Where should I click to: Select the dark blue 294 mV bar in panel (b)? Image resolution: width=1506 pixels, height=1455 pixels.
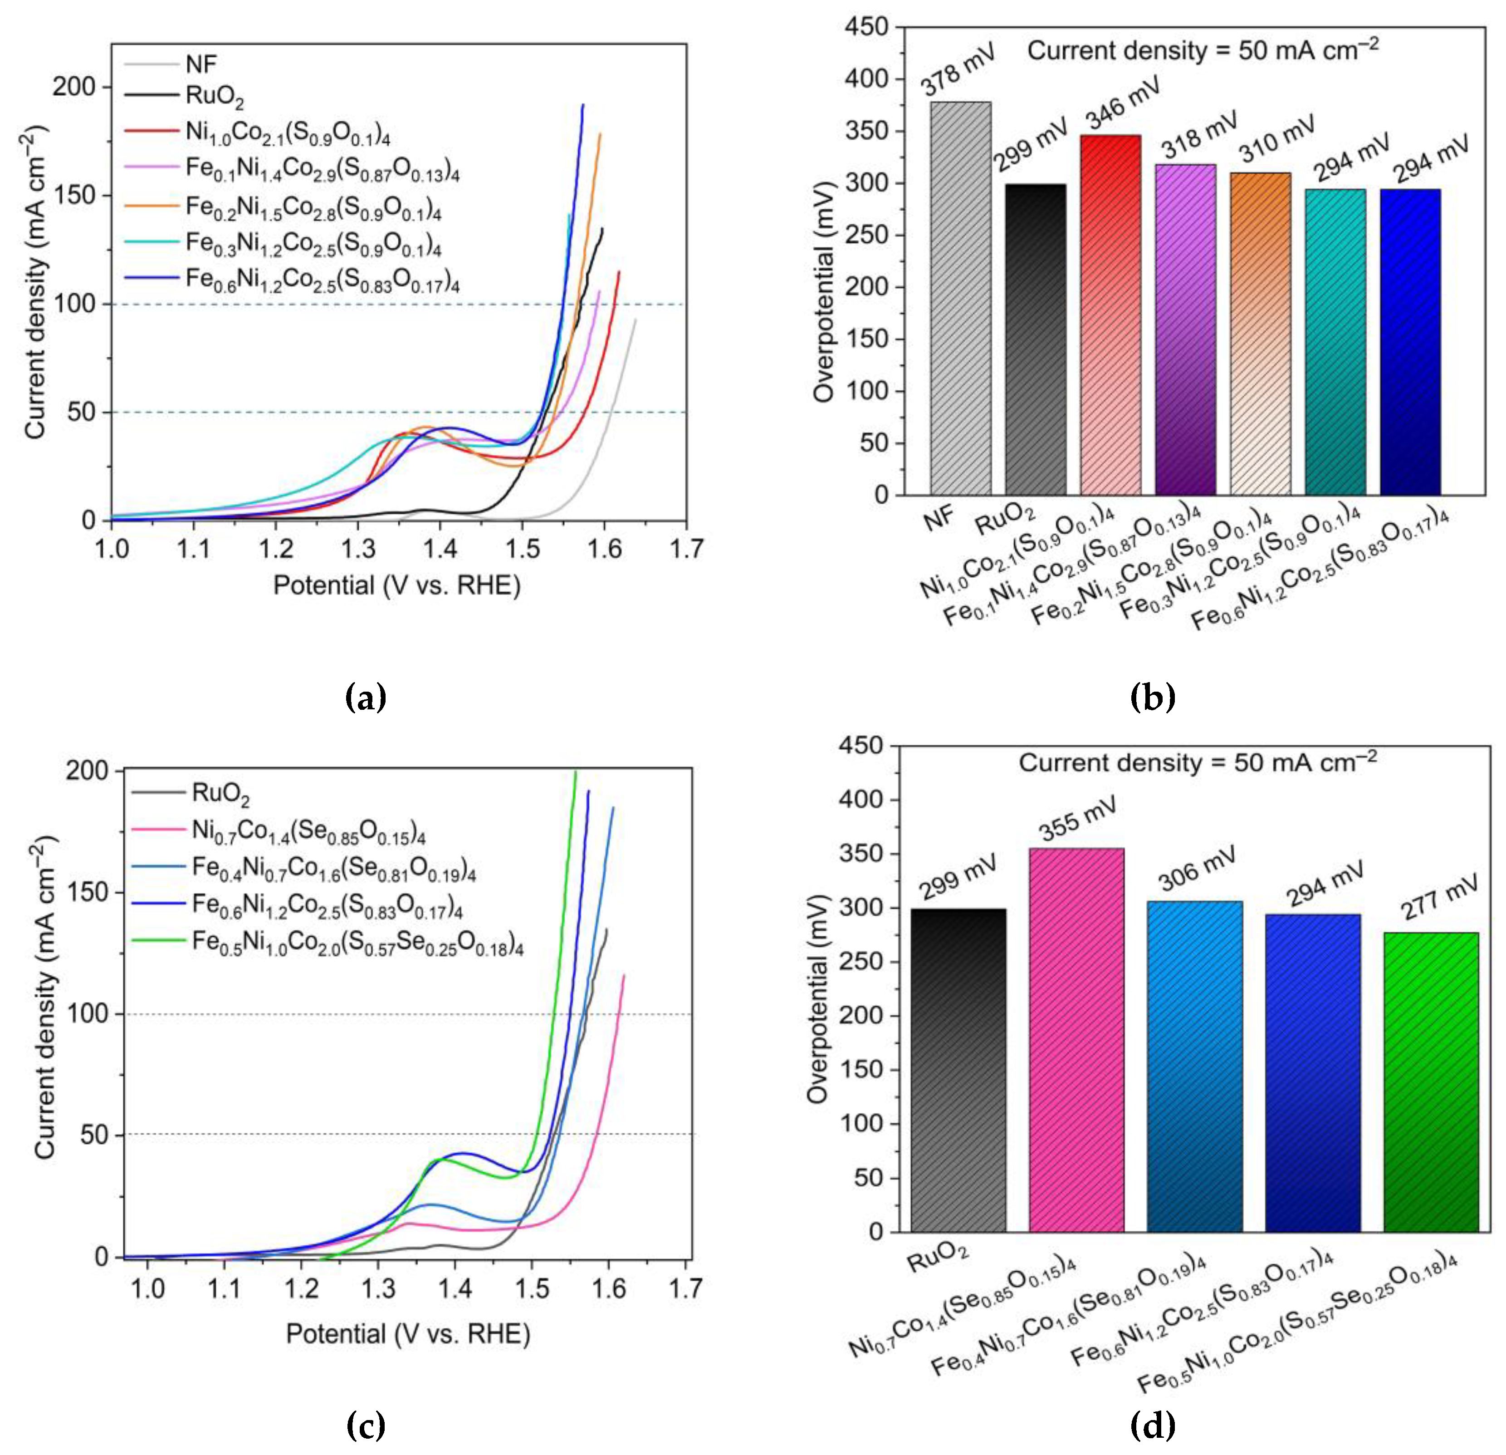(x=1409, y=342)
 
